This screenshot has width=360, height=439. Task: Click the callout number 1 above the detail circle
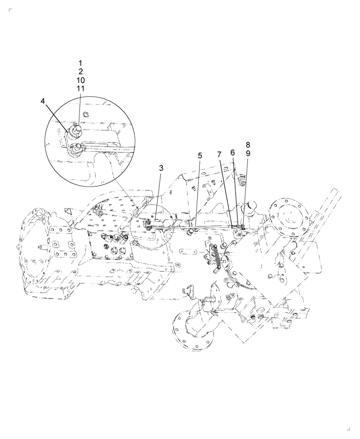click(x=80, y=63)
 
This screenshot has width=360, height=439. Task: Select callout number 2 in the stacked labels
click(x=80, y=72)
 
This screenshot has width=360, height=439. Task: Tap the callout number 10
click(x=80, y=80)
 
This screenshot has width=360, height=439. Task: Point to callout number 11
click(x=80, y=89)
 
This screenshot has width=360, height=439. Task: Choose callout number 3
click(x=161, y=168)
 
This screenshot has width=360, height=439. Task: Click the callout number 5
click(x=200, y=155)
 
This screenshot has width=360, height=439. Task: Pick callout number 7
click(x=219, y=155)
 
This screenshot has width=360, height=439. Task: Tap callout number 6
click(x=233, y=152)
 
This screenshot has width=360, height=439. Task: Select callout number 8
click(x=248, y=144)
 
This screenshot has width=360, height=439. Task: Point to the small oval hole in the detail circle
click(x=86, y=115)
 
